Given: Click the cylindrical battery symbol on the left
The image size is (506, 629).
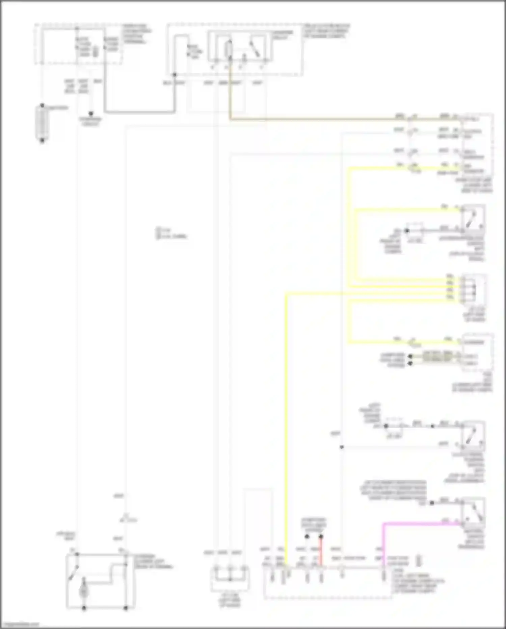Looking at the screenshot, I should (42, 123).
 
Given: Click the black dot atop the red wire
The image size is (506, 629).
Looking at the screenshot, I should (321, 536).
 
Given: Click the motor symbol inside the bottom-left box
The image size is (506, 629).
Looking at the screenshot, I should (84, 591).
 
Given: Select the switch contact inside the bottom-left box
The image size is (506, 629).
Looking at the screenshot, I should (74, 572).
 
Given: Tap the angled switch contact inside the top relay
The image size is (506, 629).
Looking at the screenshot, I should (255, 49).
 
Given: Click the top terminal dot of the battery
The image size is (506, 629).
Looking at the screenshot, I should (42, 105).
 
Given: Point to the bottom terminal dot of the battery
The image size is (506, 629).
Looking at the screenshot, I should (42, 141).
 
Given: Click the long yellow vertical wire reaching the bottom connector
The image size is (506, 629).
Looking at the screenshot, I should (286, 422).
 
